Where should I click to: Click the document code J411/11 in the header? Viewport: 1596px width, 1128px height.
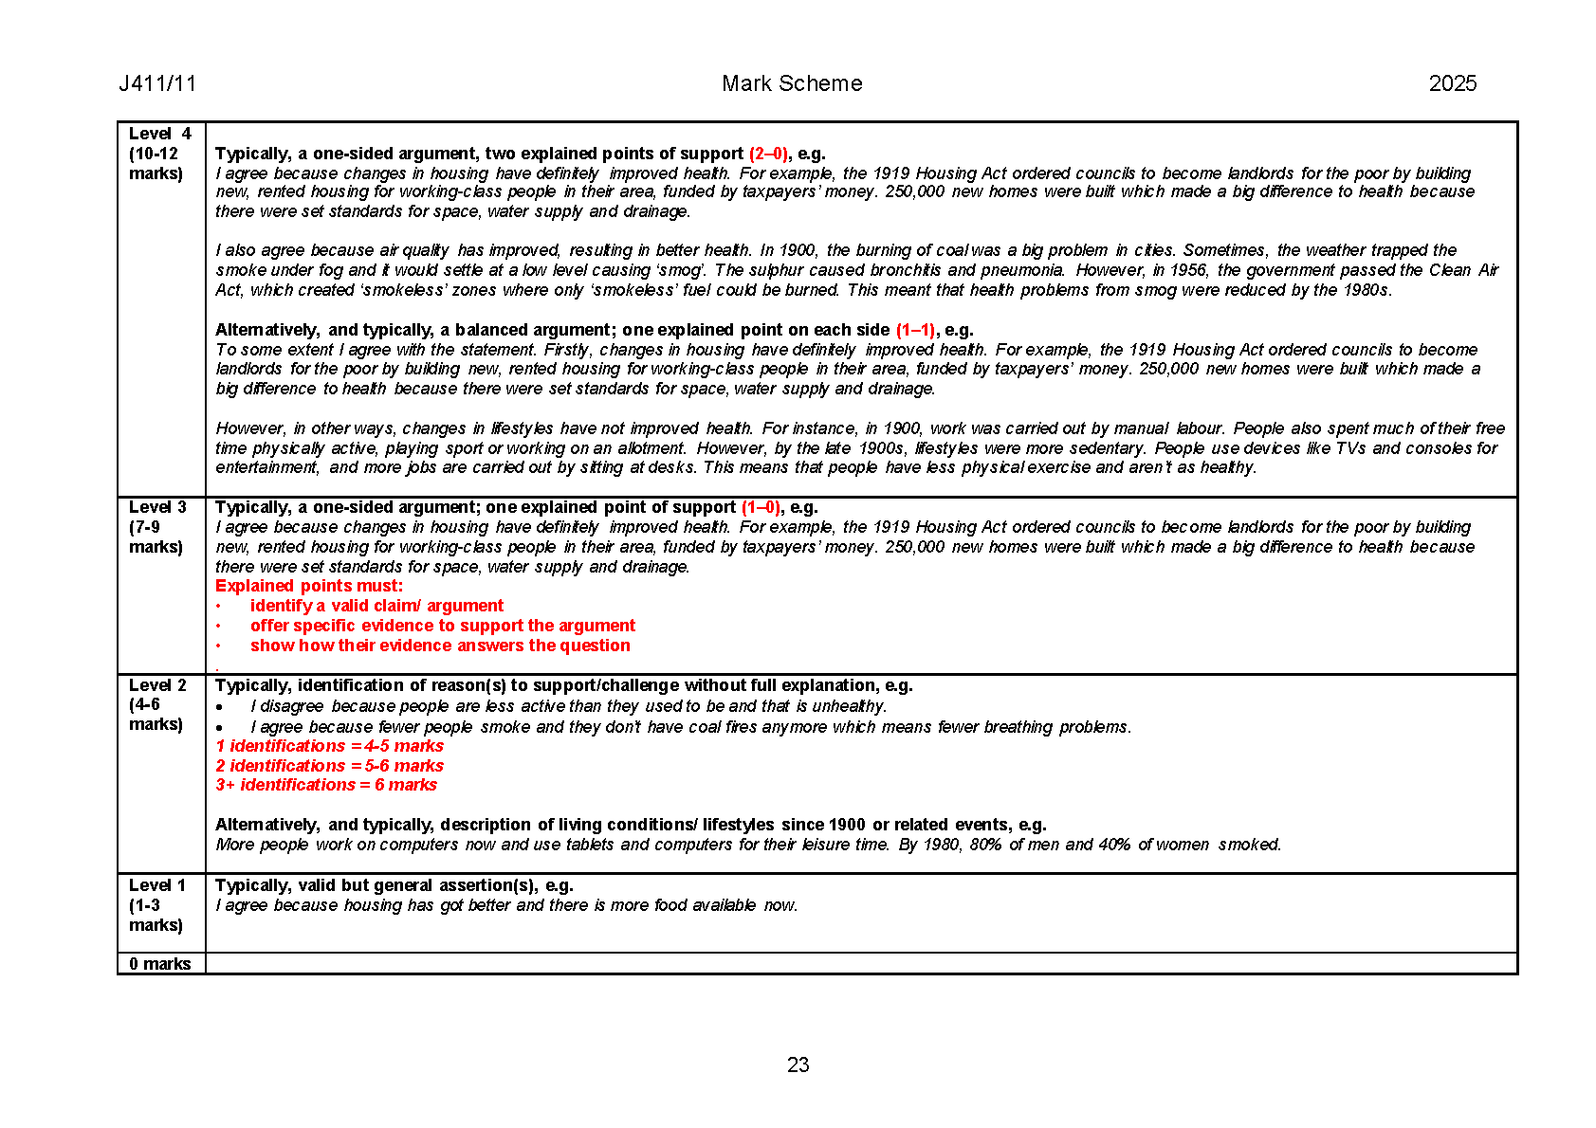click(x=157, y=83)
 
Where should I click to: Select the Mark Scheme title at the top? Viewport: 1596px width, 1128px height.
click(x=792, y=83)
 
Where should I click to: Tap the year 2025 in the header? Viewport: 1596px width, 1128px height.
click(x=1452, y=83)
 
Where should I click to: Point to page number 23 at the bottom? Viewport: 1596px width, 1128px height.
click(x=798, y=1064)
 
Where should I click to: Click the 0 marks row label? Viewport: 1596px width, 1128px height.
click(x=160, y=963)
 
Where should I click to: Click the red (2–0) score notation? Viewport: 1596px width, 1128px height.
click(x=768, y=154)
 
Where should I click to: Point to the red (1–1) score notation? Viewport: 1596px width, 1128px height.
click(x=915, y=330)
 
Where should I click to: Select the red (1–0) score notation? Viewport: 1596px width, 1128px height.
click(x=761, y=507)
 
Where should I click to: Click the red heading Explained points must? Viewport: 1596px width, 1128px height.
click(x=309, y=586)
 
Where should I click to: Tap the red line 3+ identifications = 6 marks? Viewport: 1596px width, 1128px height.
click(x=326, y=785)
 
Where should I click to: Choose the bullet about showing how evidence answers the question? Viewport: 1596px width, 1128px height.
click(x=440, y=646)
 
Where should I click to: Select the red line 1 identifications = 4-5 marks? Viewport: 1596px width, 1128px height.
click(x=330, y=746)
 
